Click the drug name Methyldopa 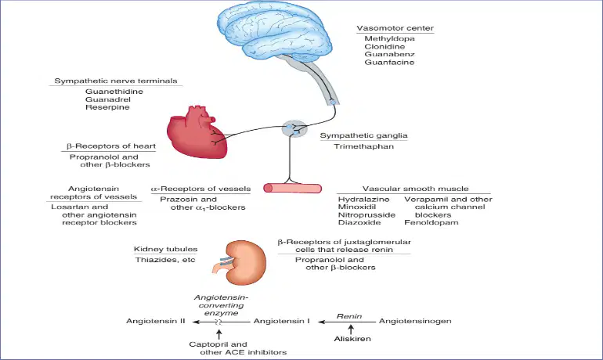pyautogui.click(x=389, y=38)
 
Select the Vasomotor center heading pyautogui.click(x=395, y=28)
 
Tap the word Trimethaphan pyautogui.click(x=364, y=146)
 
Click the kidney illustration pyautogui.click(x=240, y=262)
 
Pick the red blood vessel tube pyautogui.click(x=293, y=188)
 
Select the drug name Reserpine pyautogui.click(x=107, y=107)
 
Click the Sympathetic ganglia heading pyautogui.click(x=364, y=135)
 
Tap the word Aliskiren pyautogui.click(x=352, y=339)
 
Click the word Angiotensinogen pyautogui.click(x=415, y=321)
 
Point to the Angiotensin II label pyautogui.click(x=156, y=321)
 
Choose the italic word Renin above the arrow pyautogui.click(x=349, y=316)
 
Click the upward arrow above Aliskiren pyautogui.click(x=351, y=329)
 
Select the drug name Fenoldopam pyautogui.click(x=431, y=222)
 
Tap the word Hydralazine pyautogui.click(x=364, y=200)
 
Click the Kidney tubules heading pyautogui.click(x=166, y=249)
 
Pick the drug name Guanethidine pyautogui.click(x=114, y=92)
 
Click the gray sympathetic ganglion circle pyautogui.click(x=294, y=128)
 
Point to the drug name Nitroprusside pyautogui.click(x=366, y=214)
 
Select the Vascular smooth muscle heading pyautogui.click(x=415, y=189)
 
